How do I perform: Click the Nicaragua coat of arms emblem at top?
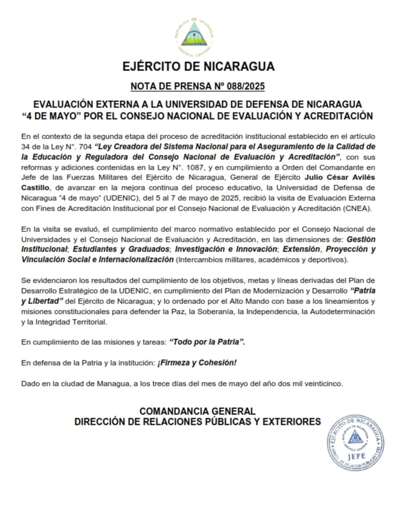(x=195, y=35)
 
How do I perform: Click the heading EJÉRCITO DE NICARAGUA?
(x=198, y=66)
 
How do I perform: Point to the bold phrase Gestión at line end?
(x=361, y=239)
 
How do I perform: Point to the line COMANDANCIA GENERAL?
(x=197, y=411)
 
